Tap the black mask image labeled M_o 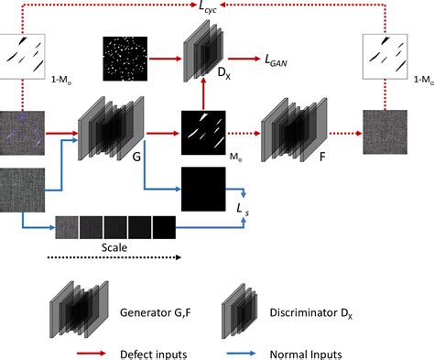[x=204, y=130]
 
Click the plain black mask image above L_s [x=204, y=190]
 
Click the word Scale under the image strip [x=114, y=245]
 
